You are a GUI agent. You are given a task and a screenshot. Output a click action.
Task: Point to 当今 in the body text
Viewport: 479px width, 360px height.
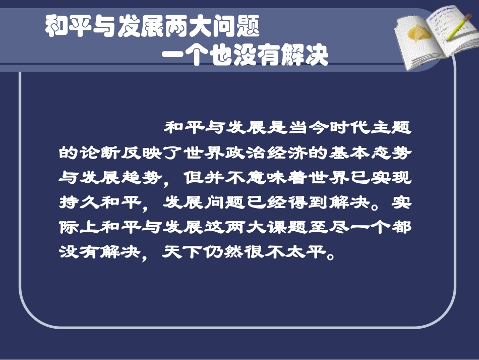pos(305,129)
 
